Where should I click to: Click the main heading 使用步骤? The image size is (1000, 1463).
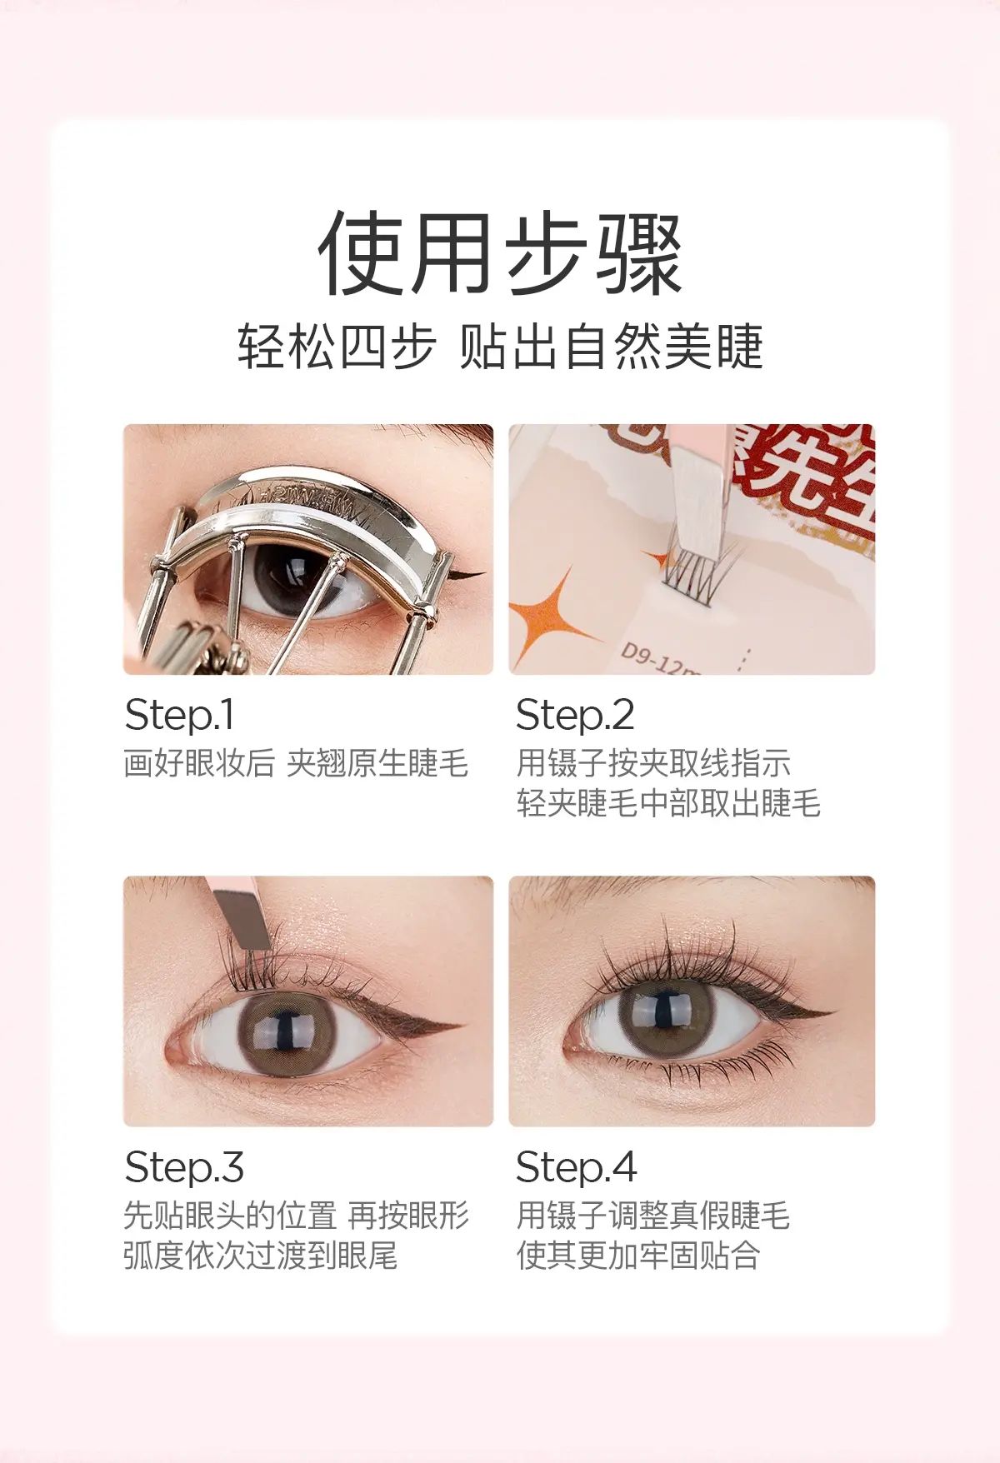click(500, 253)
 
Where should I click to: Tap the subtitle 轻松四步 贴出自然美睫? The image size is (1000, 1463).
click(500, 347)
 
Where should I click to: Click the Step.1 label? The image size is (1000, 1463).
click(179, 715)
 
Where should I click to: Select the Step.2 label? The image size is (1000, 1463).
click(575, 715)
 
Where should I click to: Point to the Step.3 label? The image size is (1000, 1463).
click(184, 1166)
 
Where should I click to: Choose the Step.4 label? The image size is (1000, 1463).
click(577, 1166)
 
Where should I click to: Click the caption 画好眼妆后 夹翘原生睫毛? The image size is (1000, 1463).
click(297, 763)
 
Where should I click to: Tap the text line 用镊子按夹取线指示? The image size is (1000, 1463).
click(652, 763)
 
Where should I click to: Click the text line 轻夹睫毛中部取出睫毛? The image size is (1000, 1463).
click(668, 803)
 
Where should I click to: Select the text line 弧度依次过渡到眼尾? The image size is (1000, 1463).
click(261, 1255)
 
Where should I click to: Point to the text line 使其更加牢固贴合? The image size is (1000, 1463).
click(638, 1255)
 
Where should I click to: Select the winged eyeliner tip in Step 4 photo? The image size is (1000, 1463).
click(828, 1013)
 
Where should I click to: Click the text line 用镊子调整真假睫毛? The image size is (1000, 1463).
click(652, 1215)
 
